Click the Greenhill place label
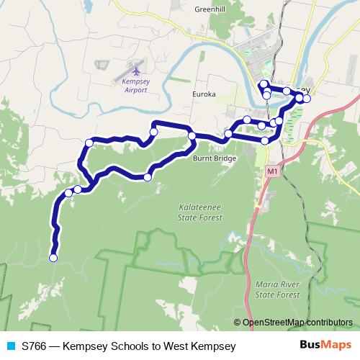(x=210, y=10)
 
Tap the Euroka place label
(x=204, y=94)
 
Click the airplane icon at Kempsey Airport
(x=137, y=71)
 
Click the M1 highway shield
(x=271, y=172)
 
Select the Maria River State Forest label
(x=277, y=289)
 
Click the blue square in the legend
(x=10, y=346)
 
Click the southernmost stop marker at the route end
(x=53, y=257)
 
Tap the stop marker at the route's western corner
(x=89, y=143)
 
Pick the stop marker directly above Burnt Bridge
(x=192, y=135)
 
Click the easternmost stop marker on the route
(x=307, y=98)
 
